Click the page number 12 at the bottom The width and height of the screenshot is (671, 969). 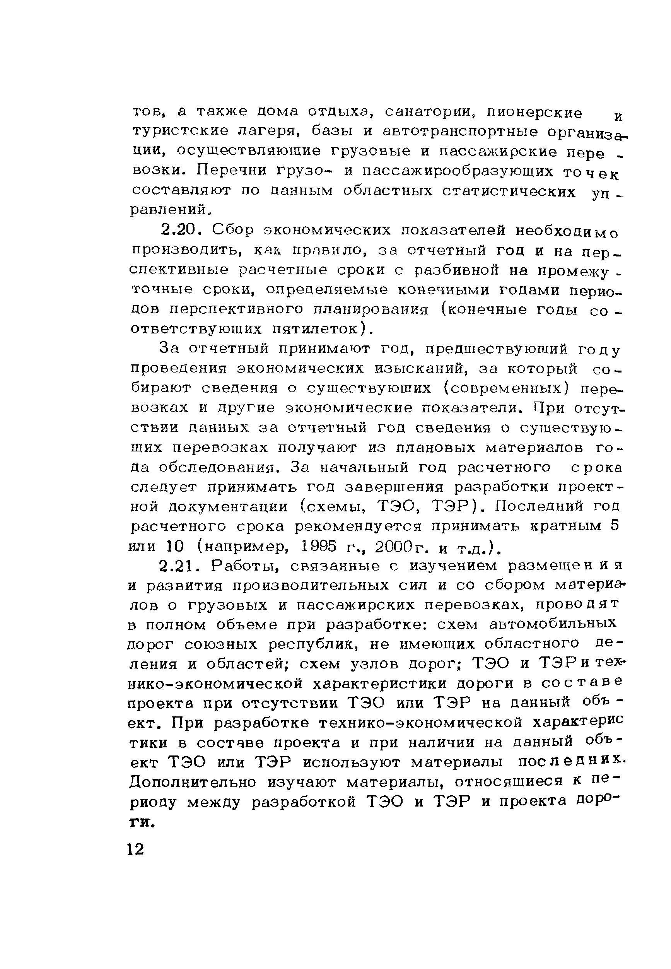point(135,849)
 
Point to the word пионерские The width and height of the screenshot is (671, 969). point(534,113)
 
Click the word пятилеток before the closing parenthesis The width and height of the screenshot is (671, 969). point(318,328)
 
